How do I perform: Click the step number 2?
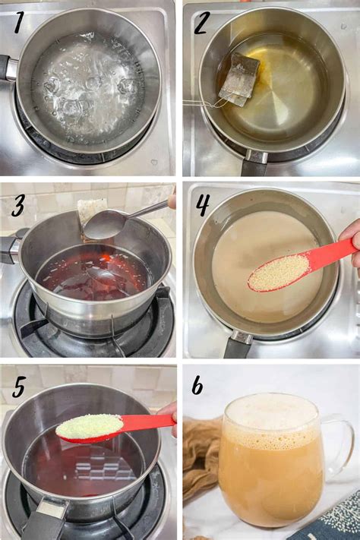[201, 24]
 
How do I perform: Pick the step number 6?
[197, 386]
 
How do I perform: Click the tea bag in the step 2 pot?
[235, 80]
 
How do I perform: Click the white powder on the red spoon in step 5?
[89, 426]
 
